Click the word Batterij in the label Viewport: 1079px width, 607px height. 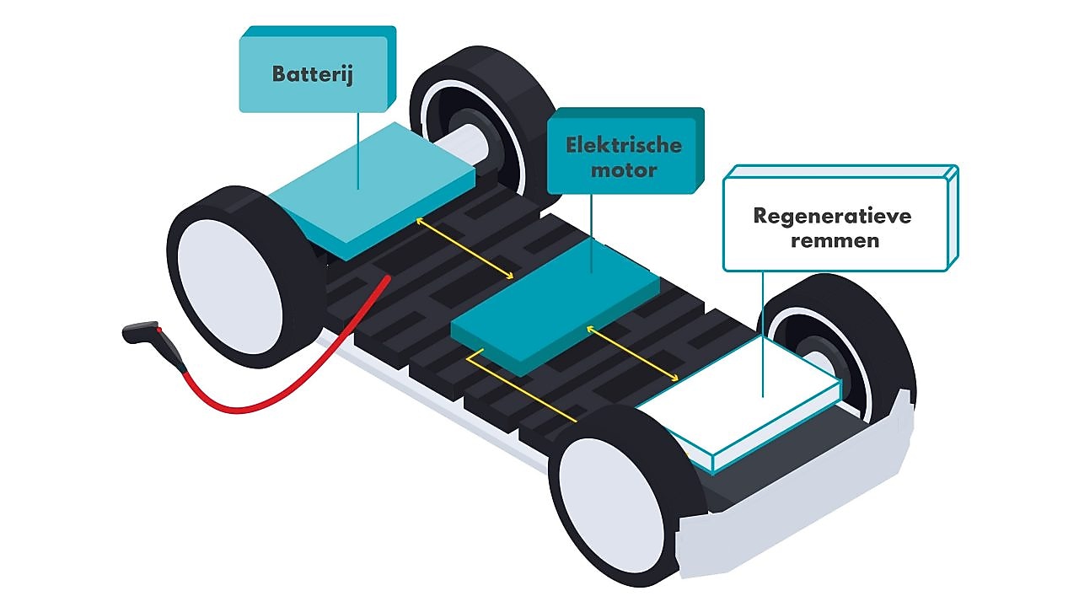click(x=312, y=73)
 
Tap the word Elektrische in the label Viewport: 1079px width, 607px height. click(x=624, y=145)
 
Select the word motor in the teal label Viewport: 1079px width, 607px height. click(x=624, y=170)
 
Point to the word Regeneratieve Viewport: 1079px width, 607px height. click(x=832, y=216)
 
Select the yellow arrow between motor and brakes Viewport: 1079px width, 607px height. click(x=632, y=353)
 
